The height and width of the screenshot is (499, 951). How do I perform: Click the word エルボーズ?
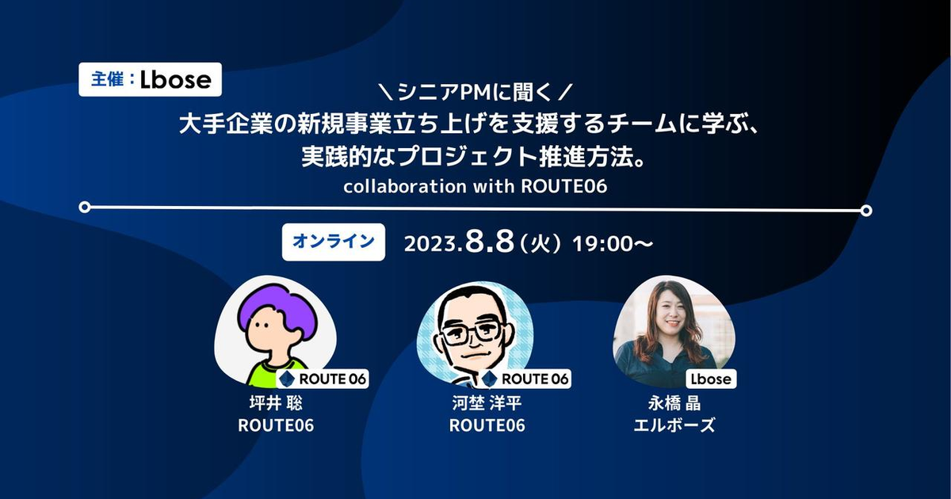pyautogui.click(x=674, y=425)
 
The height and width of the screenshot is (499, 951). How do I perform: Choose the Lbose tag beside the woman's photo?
pyautogui.click(x=709, y=379)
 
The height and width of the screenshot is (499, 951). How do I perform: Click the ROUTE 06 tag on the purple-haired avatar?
pyautogui.click(x=323, y=379)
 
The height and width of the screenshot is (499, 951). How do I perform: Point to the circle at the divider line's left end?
pyautogui.click(x=84, y=208)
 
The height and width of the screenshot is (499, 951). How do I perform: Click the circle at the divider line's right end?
pyautogui.click(x=866, y=211)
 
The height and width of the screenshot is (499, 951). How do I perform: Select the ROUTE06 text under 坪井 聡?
pyautogui.click(x=276, y=425)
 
